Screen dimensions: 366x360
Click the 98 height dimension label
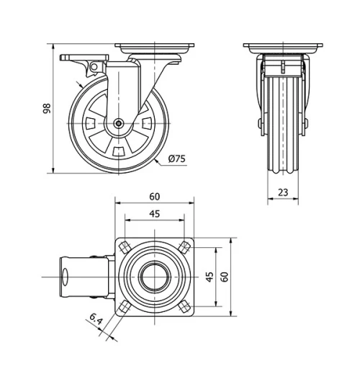(47, 109)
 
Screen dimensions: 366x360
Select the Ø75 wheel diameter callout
(177, 159)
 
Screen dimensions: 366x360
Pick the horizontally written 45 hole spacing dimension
(155, 214)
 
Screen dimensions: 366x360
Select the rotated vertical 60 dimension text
(224, 276)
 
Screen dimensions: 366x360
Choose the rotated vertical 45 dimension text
(209, 276)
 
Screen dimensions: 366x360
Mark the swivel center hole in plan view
(155, 276)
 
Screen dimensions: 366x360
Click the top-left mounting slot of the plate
(124, 246)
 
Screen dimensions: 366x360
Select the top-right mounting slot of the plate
(186, 246)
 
